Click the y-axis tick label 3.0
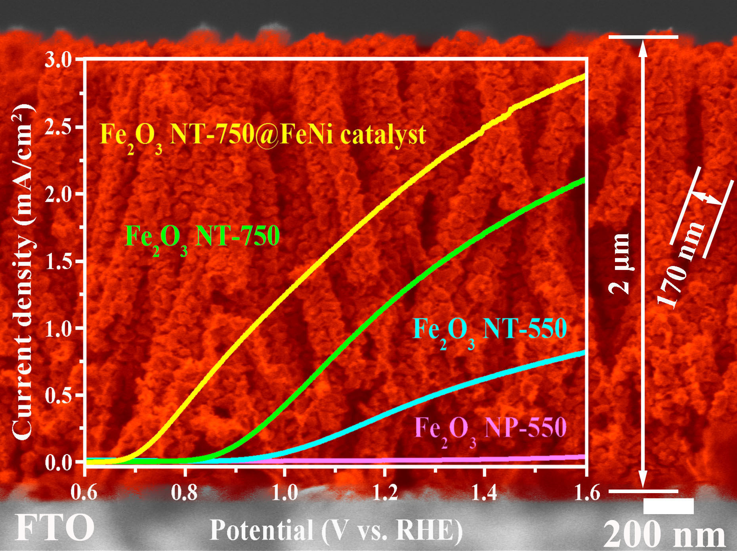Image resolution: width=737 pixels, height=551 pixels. pyautogui.click(x=58, y=60)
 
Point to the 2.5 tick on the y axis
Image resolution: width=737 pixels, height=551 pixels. pyautogui.click(x=58, y=128)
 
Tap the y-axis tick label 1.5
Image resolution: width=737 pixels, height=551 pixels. pyautogui.click(x=58, y=262)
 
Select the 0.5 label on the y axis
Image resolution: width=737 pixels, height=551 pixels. pyautogui.click(x=58, y=396)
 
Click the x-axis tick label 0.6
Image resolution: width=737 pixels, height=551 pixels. pyautogui.click(x=84, y=493)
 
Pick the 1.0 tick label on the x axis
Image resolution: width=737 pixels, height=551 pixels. pyautogui.click(x=285, y=493)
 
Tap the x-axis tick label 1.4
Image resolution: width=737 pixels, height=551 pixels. pyautogui.click(x=485, y=493)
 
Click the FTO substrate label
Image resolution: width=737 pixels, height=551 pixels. pyautogui.click(x=55, y=528)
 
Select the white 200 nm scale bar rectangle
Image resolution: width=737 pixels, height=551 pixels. pyautogui.click(x=668, y=506)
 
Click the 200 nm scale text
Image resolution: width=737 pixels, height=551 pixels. pyautogui.click(x=664, y=534)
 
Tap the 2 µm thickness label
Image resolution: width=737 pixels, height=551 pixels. pyautogui.click(x=619, y=264)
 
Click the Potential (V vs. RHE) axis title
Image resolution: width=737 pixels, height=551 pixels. pyautogui.click(x=336, y=530)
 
